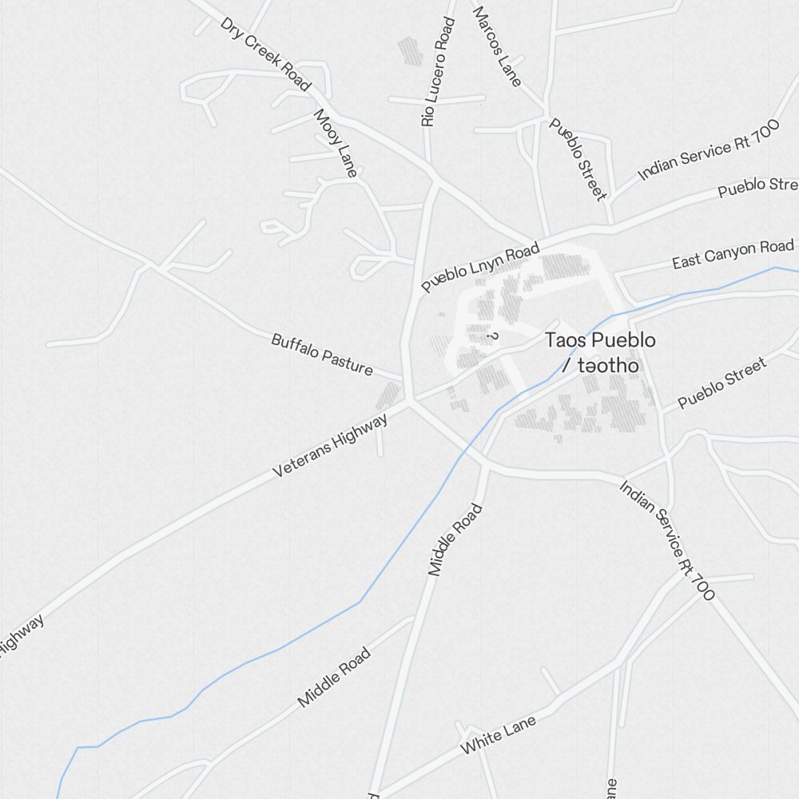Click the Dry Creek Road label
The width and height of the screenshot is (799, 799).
coord(265,54)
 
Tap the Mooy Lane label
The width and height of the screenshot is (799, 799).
coord(335,143)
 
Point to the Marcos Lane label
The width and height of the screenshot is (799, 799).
coord(497,46)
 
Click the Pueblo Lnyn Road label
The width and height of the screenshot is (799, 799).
coord(481,268)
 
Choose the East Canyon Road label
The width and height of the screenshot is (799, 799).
coord(733,253)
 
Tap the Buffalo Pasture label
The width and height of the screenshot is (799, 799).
coord(322,354)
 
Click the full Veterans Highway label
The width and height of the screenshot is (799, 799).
coord(330,446)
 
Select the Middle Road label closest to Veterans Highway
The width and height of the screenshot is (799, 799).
coord(456,539)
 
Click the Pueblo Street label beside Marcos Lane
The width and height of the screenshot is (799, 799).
coord(578,159)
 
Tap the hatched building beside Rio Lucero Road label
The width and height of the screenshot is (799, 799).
coord(410,50)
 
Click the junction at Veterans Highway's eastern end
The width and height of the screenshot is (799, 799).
coord(408,400)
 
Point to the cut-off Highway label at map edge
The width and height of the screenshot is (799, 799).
coord(20,635)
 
